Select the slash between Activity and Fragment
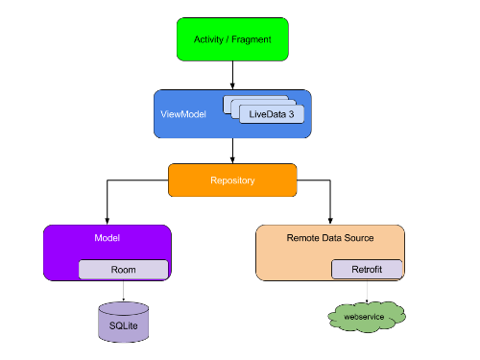pos(228,39)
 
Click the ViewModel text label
pos(183,114)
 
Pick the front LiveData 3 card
pos(272,114)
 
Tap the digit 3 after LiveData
pos(291,114)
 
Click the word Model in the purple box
pos(107,238)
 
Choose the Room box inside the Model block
pos(123,270)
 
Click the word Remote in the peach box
pos(303,238)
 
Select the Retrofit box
pos(367,270)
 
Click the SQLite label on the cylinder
pos(124,326)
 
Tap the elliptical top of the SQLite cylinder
pos(124,309)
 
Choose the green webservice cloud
pos(367,315)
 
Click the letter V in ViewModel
pos(163,114)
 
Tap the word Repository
pos(232,180)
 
